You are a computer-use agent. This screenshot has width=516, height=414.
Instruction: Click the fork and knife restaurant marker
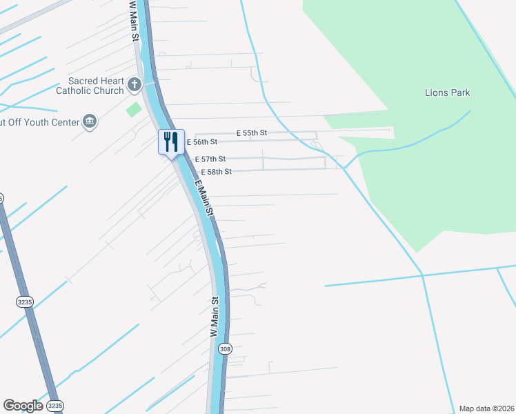170,142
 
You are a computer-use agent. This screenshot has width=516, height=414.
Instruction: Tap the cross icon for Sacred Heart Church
135,86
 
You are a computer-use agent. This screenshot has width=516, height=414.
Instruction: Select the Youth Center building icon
90,121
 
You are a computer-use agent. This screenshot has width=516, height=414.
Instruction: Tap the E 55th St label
251,132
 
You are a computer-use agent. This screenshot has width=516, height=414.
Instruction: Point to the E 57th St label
210,159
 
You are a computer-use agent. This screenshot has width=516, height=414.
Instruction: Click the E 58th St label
216,171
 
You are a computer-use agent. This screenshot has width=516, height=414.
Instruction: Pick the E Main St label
205,200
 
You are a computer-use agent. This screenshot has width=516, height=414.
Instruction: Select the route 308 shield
225,349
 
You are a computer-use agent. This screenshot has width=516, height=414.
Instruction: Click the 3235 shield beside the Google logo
55,405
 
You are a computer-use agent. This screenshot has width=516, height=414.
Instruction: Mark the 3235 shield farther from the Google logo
24,302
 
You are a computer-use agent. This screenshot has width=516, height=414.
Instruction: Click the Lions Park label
446,92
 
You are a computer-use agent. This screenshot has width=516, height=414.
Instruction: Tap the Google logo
23,406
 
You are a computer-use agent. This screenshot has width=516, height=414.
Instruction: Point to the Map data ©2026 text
487,408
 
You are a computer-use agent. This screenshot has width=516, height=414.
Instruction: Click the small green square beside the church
134,109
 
